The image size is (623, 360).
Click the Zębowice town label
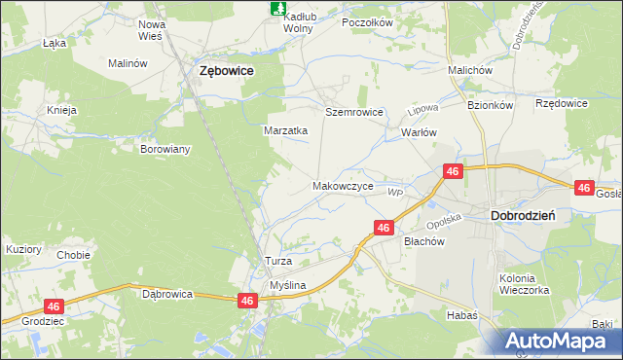coord(227,71)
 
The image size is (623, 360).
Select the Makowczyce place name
coord(342,184)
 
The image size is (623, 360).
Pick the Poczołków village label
coord(367,21)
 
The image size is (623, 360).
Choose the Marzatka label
coord(286,129)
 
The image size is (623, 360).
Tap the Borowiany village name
coord(165,150)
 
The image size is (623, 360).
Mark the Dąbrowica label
coord(167,293)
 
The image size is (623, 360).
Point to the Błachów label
coord(423,243)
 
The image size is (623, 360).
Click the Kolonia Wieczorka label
coord(525,284)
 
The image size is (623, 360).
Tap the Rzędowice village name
coord(562,102)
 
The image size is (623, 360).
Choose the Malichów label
coord(469,71)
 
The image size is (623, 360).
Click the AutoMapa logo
coord(562,341)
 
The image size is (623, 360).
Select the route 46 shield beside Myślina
coord(248,302)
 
